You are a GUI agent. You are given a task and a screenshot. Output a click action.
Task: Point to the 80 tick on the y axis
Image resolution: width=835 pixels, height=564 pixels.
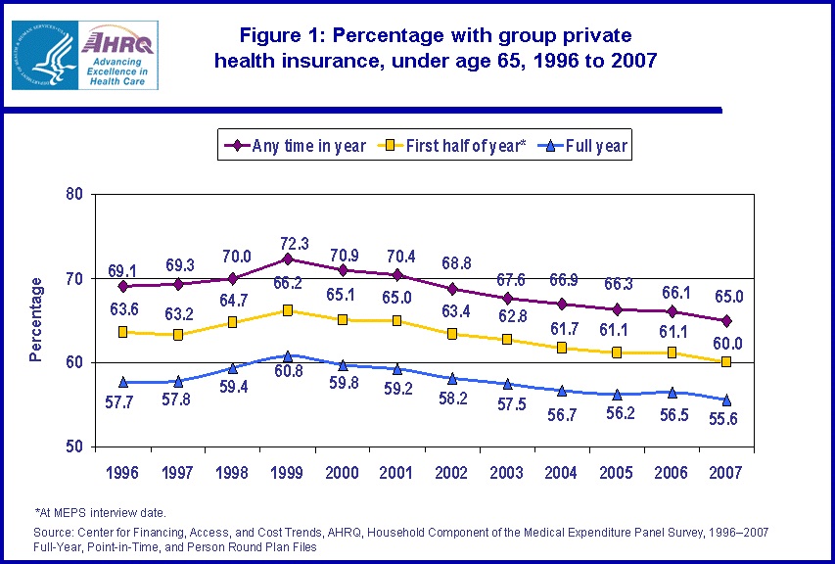pyautogui.click(x=72, y=194)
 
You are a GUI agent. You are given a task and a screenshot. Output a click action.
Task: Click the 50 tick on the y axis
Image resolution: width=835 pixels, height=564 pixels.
pyautogui.click(x=72, y=447)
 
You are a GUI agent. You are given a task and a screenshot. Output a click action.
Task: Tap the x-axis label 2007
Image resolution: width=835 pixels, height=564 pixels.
pyautogui.click(x=726, y=472)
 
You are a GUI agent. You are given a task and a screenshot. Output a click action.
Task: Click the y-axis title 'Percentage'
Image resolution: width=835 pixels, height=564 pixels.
pyautogui.click(x=36, y=320)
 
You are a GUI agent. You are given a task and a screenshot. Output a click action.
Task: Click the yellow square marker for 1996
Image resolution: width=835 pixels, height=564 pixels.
pyautogui.click(x=123, y=332)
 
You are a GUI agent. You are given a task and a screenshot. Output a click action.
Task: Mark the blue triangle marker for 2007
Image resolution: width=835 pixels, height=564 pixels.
pyautogui.click(x=726, y=399)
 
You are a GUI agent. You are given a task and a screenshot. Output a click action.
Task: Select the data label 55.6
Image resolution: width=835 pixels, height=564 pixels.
pyautogui.click(x=726, y=419)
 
